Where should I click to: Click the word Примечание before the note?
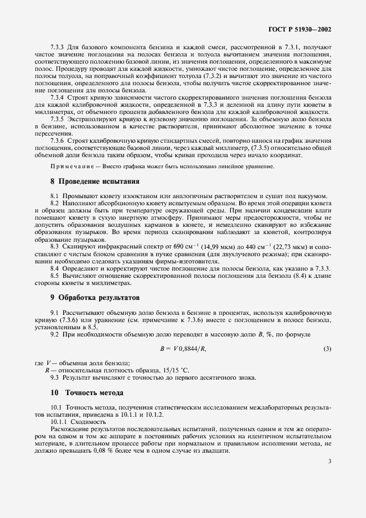click(73, 167)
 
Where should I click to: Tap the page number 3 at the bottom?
click(329, 460)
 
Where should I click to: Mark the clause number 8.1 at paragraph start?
click(55, 196)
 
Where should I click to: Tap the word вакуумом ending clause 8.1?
click(313, 196)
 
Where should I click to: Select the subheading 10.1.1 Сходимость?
click(74, 421)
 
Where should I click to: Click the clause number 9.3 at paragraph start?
click(55, 377)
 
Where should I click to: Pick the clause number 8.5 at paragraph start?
click(55, 275)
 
